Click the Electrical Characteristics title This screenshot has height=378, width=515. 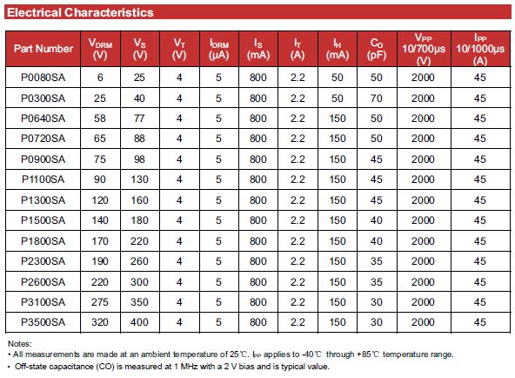point(80,12)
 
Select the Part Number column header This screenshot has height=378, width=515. point(43,49)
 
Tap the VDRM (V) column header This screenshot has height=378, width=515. point(100,49)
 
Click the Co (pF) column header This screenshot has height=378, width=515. point(377,49)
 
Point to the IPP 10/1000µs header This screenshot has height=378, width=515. point(480,49)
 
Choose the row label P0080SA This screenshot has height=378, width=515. point(43,78)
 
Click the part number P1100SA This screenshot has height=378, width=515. point(43,179)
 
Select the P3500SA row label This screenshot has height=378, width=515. point(43,322)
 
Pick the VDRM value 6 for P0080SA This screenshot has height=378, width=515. point(100,78)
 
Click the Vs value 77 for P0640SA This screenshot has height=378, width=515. point(139,118)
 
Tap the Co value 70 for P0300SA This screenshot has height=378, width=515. point(377,98)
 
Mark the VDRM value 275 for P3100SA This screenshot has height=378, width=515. point(100,302)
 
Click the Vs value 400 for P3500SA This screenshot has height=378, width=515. point(139,322)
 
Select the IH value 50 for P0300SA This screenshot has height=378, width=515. point(338,98)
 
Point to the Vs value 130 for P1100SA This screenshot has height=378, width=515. point(139,179)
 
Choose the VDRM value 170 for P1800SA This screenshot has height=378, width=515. point(100,241)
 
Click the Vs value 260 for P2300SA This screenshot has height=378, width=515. point(139,261)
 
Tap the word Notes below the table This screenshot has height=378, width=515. point(20,344)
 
